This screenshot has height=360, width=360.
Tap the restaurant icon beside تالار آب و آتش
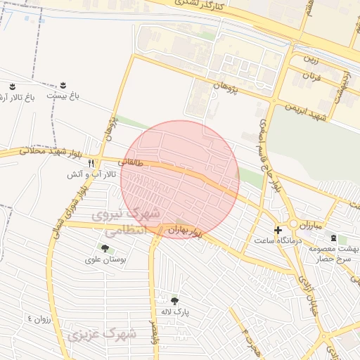coord(91,163)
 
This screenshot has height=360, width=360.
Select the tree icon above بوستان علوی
coord(105,247)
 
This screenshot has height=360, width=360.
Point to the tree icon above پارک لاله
coord(174,300)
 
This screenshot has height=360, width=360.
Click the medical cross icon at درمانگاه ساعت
coord(278,230)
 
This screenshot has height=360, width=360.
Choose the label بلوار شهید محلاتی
coord(25,150)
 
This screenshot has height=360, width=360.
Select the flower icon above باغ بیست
coord(65,85)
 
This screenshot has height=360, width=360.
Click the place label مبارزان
coord(307,226)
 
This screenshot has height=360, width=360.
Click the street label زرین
coord(309,60)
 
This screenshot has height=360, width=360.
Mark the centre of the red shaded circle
coord(180,179)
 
